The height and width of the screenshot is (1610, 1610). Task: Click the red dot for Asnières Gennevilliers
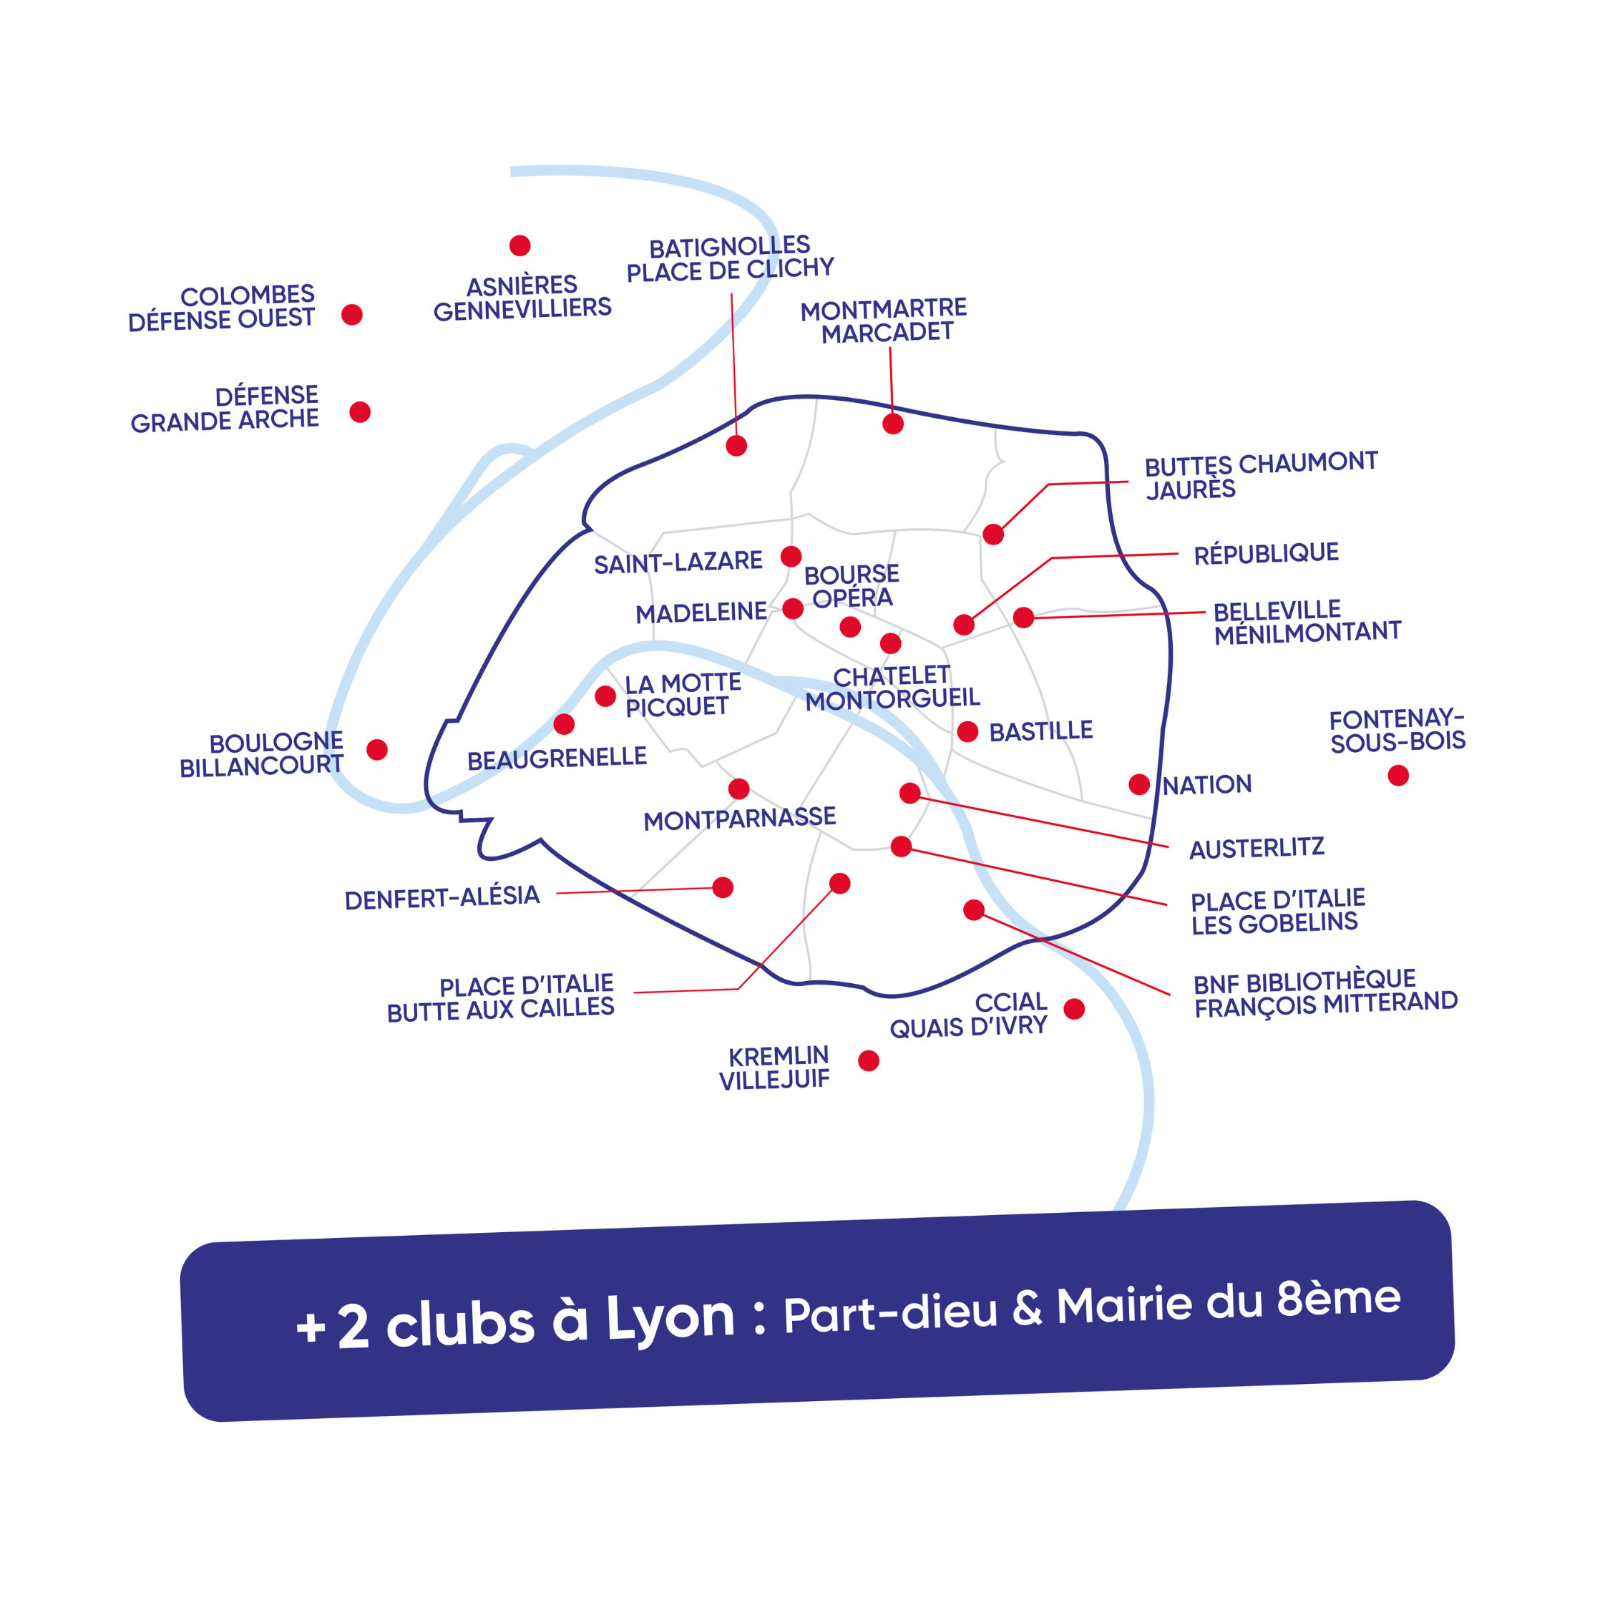tap(520, 246)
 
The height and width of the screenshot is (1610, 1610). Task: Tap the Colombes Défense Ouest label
tap(222, 308)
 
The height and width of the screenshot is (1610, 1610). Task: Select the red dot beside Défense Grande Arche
tap(360, 411)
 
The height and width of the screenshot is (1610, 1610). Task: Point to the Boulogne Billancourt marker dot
tap(378, 749)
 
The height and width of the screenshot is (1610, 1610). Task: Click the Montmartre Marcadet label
tap(884, 321)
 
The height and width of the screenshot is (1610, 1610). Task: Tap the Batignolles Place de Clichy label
tap(730, 258)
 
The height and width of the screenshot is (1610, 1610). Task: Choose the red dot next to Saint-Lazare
tap(791, 556)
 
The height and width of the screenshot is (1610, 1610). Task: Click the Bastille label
tap(1041, 731)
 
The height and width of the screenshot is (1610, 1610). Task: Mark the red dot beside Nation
tap(1139, 784)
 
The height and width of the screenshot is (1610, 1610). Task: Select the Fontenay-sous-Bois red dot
tap(1398, 776)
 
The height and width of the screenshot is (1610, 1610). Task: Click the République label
tap(1266, 553)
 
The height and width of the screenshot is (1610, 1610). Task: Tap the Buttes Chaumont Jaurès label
tap(1260, 476)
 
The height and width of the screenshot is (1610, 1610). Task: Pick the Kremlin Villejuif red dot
tap(869, 1061)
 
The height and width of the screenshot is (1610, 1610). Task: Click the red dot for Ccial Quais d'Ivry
tap(1074, 1009)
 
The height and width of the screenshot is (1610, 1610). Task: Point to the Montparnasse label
tap(739, 819)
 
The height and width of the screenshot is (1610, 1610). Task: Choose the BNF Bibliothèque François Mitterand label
tap(1325, 992)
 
